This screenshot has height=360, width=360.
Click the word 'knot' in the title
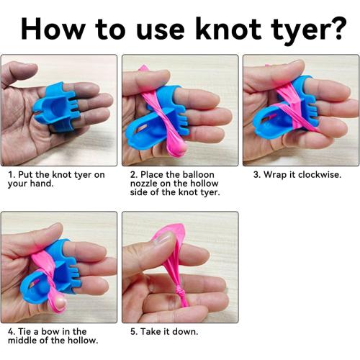pyautogui.click(x=228, y=29)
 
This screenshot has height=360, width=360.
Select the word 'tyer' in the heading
pyautogui.click(x=297, y=32)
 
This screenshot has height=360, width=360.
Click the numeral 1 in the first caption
pyautogui.click(x=10, y=175)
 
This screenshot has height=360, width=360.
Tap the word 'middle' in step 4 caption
pyautogui.click(x=22, y=341)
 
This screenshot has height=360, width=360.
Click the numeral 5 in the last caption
pyautogui.click(x=132, y=332)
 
